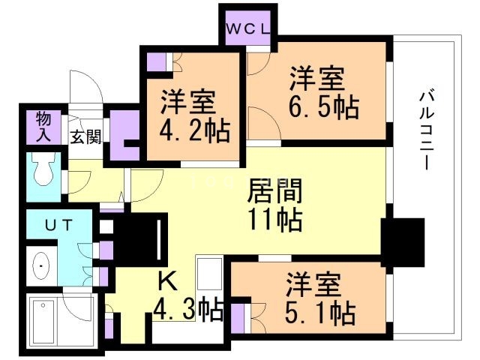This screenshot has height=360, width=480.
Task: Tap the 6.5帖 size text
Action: click(322, 109)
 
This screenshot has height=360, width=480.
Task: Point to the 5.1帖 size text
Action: click(321, 311)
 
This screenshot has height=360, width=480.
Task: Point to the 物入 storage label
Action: click(43, 127)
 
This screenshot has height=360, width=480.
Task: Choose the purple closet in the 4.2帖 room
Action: click(156, 61)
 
